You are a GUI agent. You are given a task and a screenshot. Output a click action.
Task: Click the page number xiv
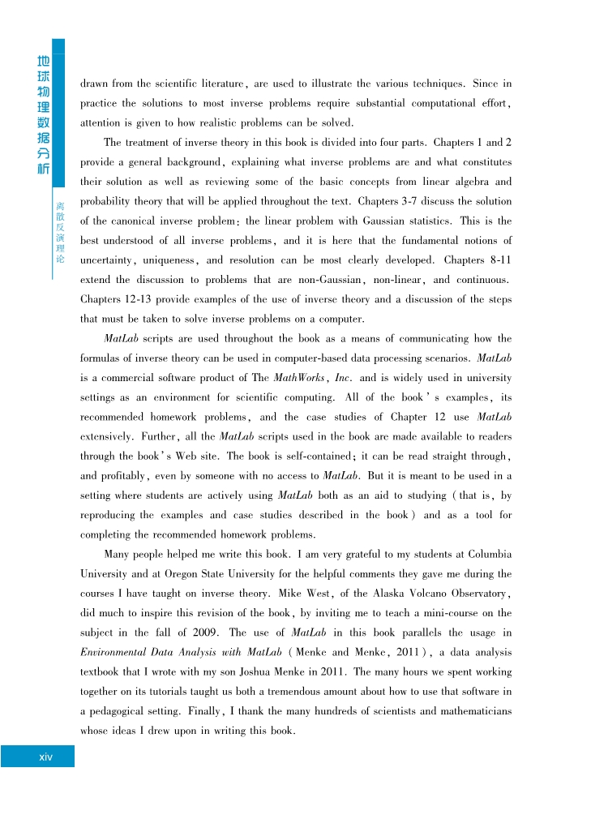click(46, 757)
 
